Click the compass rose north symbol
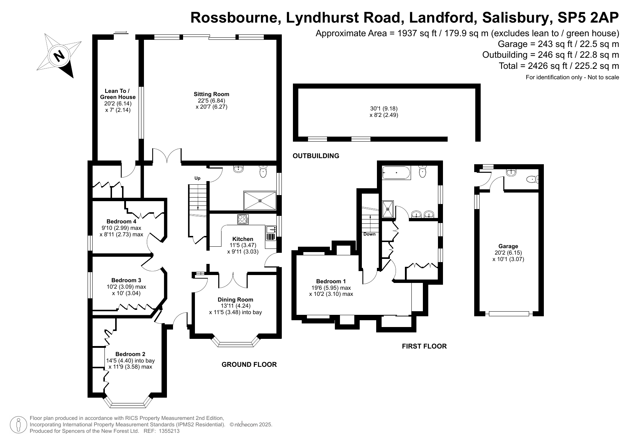58,56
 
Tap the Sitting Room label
211,94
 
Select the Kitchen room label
243,239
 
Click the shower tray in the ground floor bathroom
260,200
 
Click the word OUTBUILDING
316,156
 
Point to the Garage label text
508,246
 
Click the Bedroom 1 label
331,281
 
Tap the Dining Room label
235,299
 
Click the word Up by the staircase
197,178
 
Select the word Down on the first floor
369,234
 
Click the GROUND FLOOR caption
249,365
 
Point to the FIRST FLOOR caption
424,346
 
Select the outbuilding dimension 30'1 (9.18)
384,108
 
